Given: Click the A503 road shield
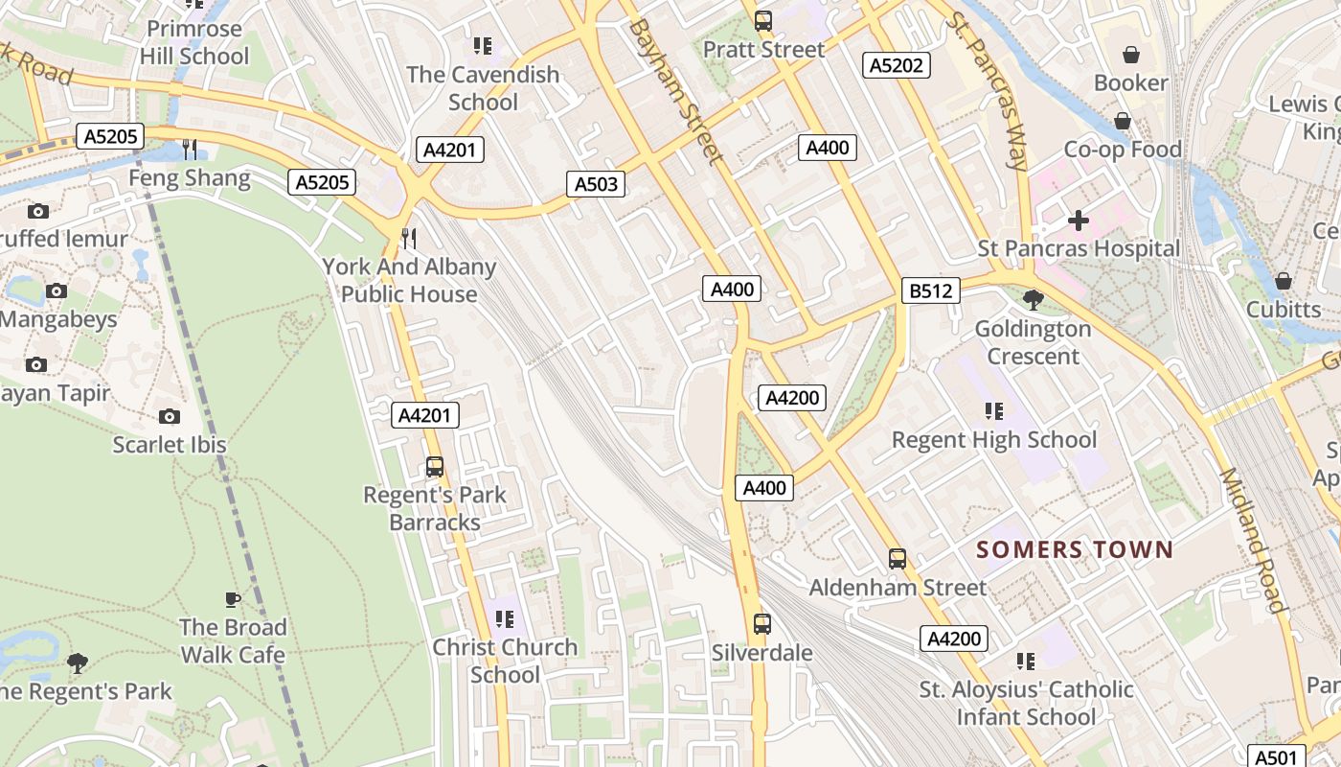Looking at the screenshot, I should (596, 184).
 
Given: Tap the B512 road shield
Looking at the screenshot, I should (930, 291).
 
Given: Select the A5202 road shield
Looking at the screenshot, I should (897, 65).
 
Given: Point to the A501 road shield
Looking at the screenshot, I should (1277, 756).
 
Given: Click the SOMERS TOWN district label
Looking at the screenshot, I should (1074, 549).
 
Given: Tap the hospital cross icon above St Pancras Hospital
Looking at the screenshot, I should (1079, 221).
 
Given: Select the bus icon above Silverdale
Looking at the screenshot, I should (762, 624).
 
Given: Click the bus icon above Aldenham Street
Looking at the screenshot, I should (898, 559).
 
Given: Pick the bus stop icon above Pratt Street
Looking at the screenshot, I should (763, 20).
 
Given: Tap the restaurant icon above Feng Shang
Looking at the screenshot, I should (190, 149).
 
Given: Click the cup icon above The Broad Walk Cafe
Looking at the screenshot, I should (232, 599).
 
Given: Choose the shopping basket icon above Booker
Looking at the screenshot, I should (1131, 55).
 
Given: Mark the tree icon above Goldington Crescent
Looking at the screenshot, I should (1033, 300).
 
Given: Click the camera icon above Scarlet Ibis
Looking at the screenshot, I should (170, 416).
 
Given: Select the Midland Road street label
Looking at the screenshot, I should (1251, 542).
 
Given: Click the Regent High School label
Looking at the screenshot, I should (994, 440).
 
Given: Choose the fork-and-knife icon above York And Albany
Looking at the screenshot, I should (409, 238).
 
